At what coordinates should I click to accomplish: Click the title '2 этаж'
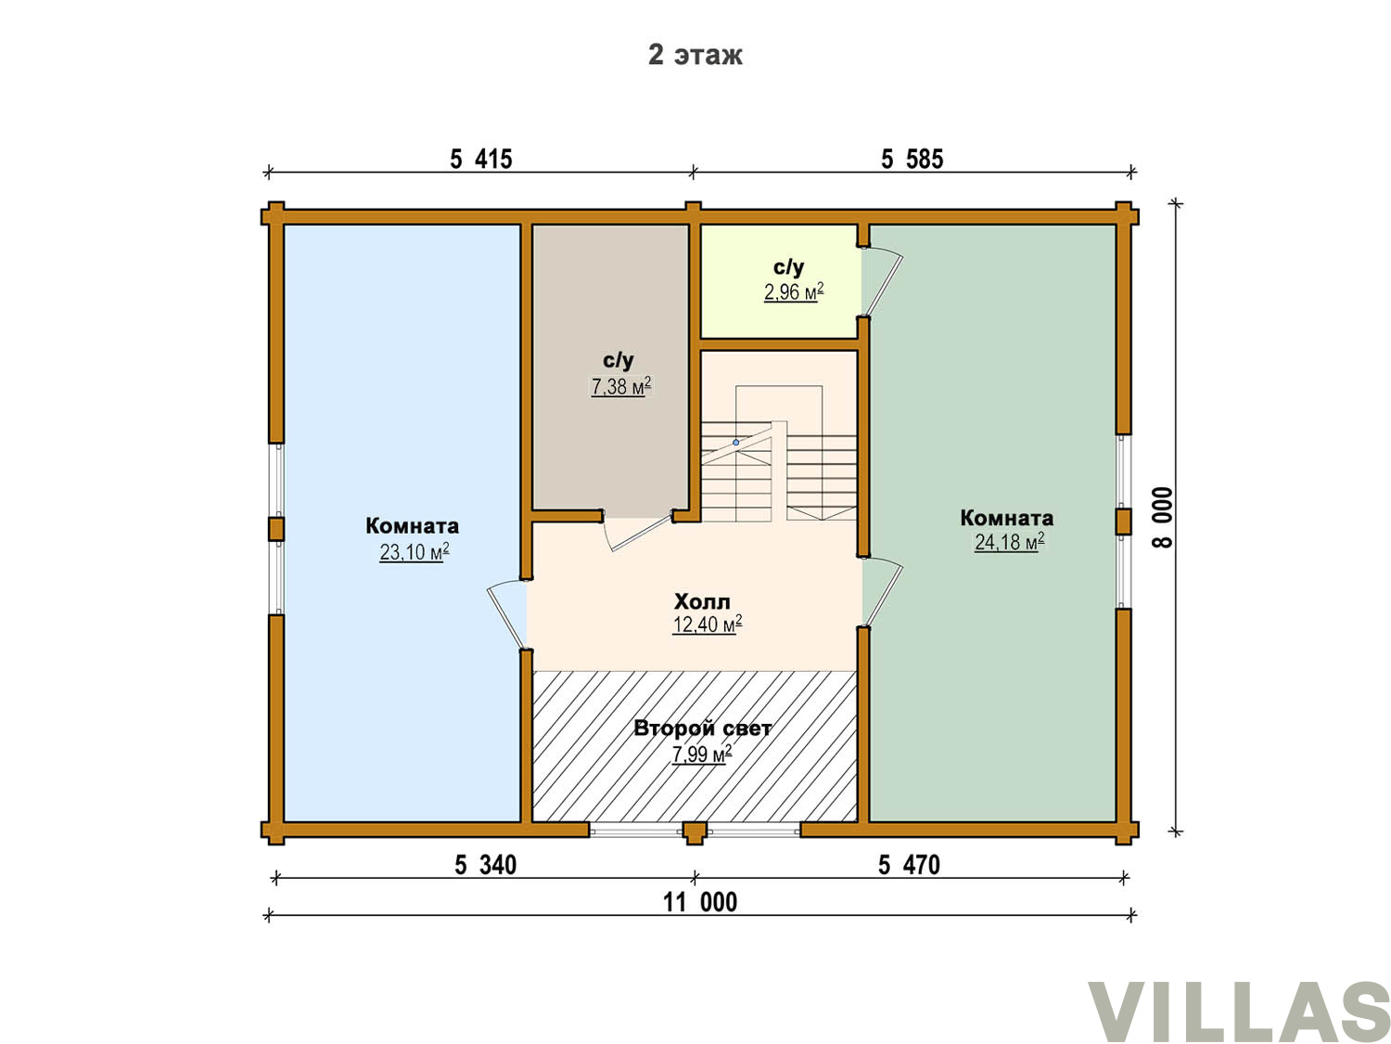(695, 55)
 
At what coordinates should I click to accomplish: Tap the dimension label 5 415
(481, 159)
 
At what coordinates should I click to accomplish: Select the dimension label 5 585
(912, 159)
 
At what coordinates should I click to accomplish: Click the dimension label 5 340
(485, 865)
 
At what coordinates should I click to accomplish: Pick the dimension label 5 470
(909, 865)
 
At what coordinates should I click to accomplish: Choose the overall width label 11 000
(700, 902)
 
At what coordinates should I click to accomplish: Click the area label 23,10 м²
(415, 551)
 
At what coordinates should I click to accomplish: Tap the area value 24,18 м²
(1010, 542)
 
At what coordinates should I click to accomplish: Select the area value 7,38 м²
(621, 386)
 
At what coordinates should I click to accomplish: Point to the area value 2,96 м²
(794, 292)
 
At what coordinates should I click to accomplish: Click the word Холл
(701, 601)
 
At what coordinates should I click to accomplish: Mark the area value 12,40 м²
(708, 625)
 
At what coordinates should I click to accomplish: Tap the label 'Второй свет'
(702, 728)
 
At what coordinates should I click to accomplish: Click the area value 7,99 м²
(702, 754)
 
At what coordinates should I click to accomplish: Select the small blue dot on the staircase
(735, 443)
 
